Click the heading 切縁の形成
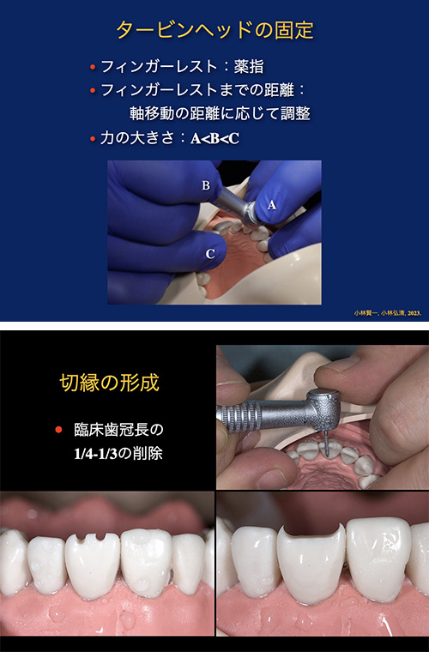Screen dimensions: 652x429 pyautogui.click(x=108, y=382)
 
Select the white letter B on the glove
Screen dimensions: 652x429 pyautogui.click(x=206, y=185)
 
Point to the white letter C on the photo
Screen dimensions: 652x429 pyautogui.click(x=210, y=254)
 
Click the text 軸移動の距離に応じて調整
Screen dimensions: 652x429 pyautogui.click(x=218, y=112)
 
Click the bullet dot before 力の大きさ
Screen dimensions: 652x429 pyautogui.click(x=92, y=137)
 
